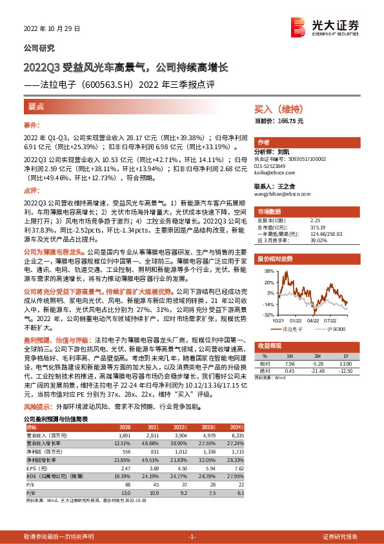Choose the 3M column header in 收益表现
(317, 355)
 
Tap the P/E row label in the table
(31, 483)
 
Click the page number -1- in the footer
(192, 537)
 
